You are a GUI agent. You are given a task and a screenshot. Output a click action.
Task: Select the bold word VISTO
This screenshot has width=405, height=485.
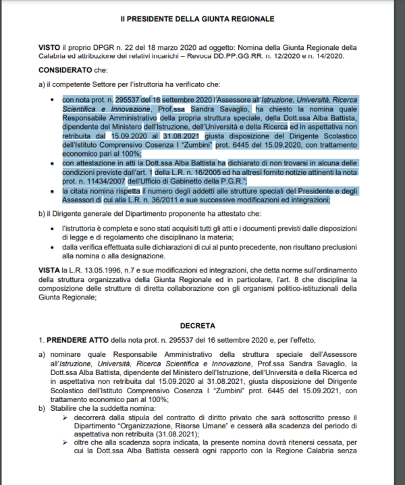tap(51, 48)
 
